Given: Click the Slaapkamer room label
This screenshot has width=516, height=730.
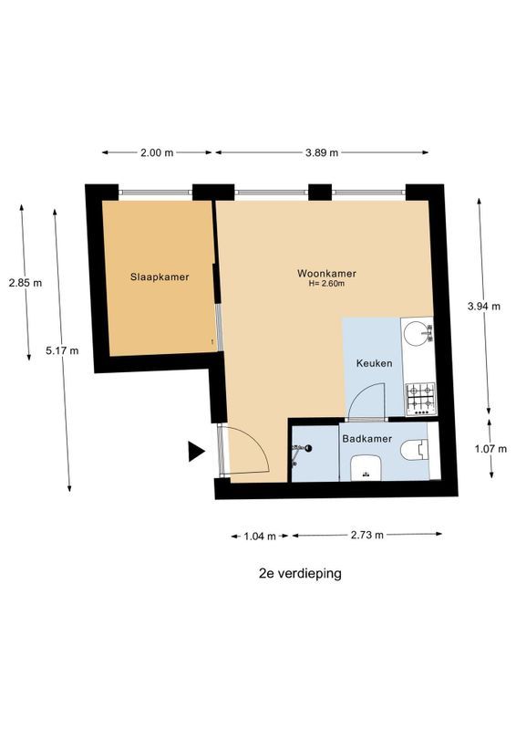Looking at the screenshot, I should tap(160, 277).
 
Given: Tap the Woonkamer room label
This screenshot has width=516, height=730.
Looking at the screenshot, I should tap(325, 273).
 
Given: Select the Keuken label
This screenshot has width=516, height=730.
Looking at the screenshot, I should tap(374, 363).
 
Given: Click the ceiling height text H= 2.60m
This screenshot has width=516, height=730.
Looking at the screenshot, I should tap(325, 284).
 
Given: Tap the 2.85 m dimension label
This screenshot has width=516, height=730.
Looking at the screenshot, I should tap(25, 283).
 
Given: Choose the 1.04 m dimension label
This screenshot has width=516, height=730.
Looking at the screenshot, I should tap(260, 536).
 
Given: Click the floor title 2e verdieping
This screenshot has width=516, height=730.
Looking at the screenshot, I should tap(300, 574).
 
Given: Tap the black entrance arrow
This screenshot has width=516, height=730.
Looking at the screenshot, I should tap(195, 450).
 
